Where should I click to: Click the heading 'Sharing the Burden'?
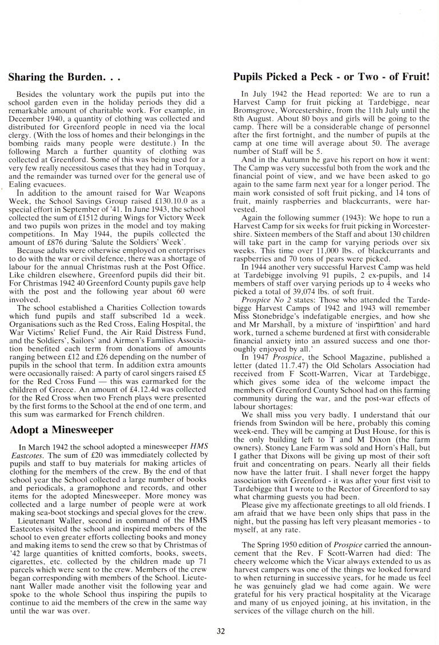(x=65, y=76)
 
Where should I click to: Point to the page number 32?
(x=221, y=631)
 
